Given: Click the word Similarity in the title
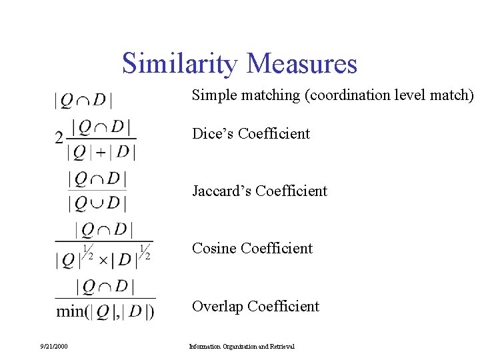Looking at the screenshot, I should click(179, 64).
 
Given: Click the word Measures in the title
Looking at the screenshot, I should click(302, 64).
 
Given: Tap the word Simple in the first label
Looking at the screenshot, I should click(213, 95).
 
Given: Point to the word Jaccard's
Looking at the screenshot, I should click(221, 191).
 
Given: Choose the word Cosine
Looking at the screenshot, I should click(214, 249).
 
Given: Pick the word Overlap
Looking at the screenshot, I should click(217, 307).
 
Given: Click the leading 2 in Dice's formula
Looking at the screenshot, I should click(59, 138).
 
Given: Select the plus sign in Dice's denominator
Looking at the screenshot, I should click(101, 153).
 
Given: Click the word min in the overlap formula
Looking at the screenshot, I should click(70, 311).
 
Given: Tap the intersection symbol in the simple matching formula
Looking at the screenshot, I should click(83, 101).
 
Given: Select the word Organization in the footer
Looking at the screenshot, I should click(239, 346).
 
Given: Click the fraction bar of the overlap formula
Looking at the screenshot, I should click(105, 298).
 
